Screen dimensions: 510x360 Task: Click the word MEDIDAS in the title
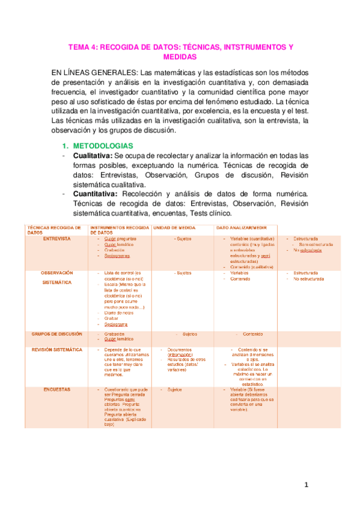coord(180,57)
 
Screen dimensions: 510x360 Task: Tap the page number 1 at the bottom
coord(305,485)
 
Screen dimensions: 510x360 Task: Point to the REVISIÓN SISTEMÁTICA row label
coord(58,349)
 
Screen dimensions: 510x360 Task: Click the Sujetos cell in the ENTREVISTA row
coord(183,239)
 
